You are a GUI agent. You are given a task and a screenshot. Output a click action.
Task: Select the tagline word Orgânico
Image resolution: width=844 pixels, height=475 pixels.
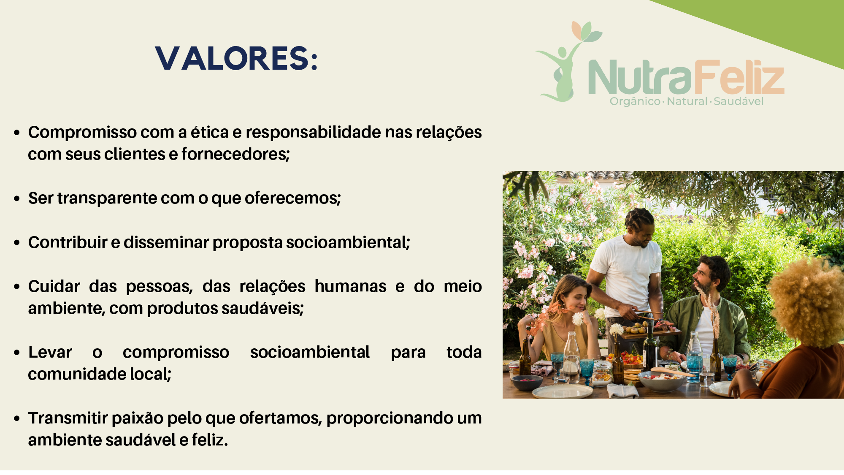[635, 101]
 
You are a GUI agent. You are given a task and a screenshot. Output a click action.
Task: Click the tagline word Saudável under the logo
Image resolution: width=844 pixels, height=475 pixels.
[738, 101]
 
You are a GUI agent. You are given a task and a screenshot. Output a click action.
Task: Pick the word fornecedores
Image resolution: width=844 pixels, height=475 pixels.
[235, 154]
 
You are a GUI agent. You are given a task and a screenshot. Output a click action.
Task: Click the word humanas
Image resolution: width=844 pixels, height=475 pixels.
[350, 286]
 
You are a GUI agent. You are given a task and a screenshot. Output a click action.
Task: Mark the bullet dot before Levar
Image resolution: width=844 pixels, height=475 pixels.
[17, 353]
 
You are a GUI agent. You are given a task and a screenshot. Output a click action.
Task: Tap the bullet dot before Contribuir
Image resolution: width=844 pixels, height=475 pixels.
[17, 243]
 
